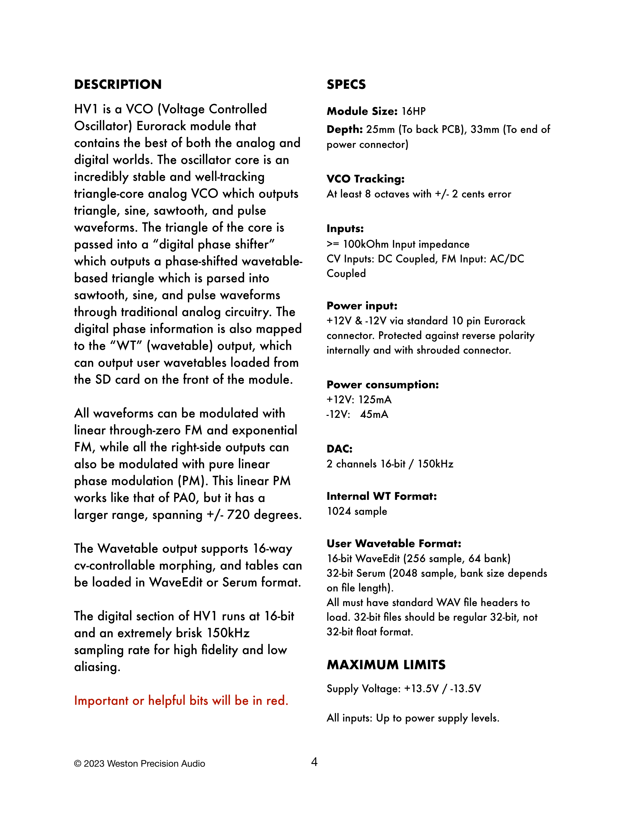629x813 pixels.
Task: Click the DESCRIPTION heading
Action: point(118,85)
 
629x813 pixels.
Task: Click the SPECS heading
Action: point(346,85)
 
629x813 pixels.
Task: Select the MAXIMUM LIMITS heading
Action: point(386,665)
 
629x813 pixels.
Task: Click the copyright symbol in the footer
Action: point(77,764)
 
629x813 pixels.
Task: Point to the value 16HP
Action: point(414,111)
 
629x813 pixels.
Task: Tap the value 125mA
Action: point(375,400)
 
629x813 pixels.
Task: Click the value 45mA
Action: point(374,414)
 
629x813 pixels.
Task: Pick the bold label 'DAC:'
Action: point(339,449)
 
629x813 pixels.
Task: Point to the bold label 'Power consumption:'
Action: point(383,385)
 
